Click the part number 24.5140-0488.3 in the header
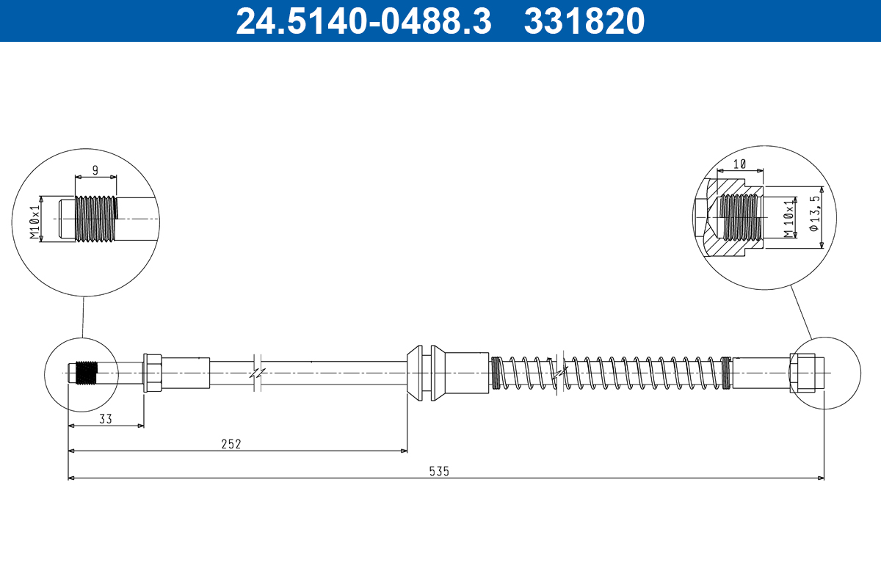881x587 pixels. click(x=363, y=21)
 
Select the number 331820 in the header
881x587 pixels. click(x=584, y=21)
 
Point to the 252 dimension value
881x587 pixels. click(x=231, y=443)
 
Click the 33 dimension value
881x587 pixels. click(x=105, y=418)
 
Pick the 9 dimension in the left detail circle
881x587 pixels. click(x=95, y=169)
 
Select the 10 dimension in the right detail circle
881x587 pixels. click(x=739, y=164)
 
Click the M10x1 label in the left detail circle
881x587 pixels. click(x=34, y=222)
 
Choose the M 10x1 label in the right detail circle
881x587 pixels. click(x=788, y=218)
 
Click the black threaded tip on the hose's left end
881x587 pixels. click(x=87, y=373)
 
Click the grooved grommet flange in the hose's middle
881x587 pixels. click(x=427, y=372)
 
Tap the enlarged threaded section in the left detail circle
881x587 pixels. click(x=96, y=218)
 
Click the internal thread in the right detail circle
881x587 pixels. click(x=739, y=217)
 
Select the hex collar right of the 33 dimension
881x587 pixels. click(x=153, y=373)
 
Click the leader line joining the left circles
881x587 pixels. click(x=83, y=317)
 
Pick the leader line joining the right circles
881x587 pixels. click(x=802, y=311)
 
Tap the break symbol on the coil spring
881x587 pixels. click(x=560, y=373)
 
